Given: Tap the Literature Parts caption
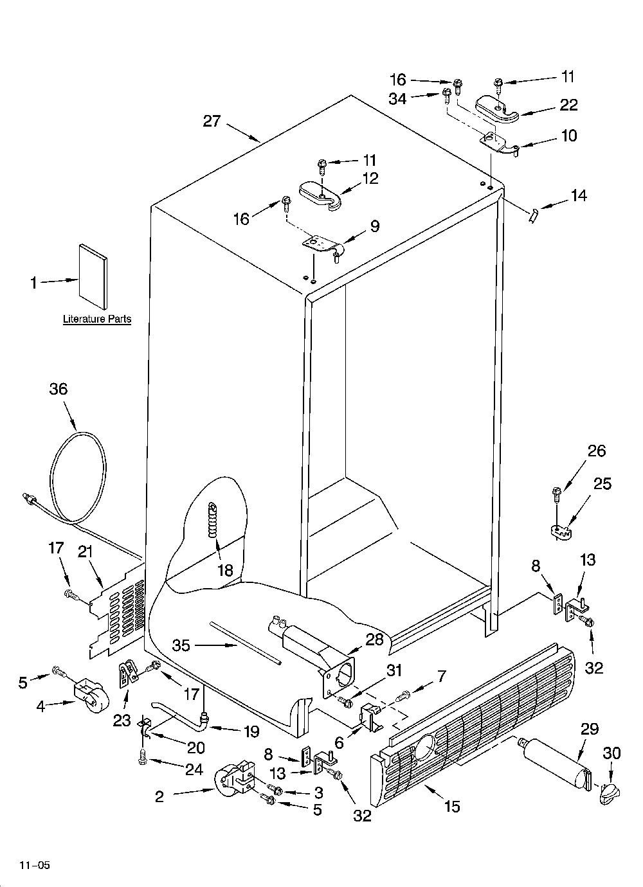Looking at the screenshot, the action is coord(97,319).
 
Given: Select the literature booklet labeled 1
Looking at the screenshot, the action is coord(93,276).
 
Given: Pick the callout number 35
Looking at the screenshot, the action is coord(181,646).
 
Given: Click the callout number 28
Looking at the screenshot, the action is coord(375,640).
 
